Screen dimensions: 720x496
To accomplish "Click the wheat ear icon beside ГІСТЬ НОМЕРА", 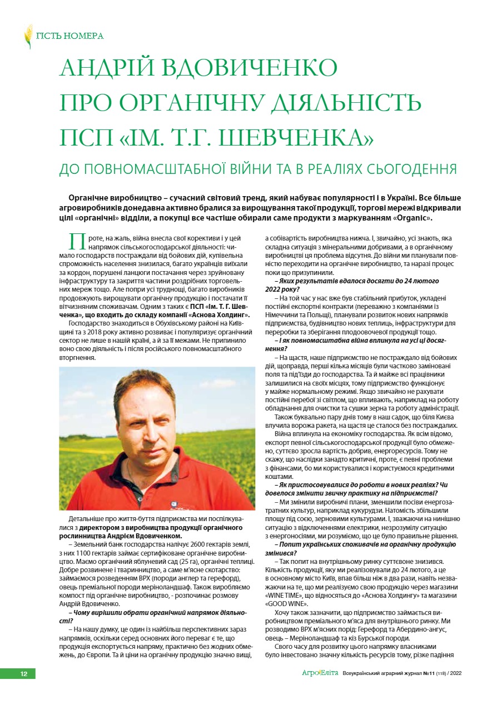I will [28, 36].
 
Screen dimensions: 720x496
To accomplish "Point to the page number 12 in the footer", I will [24, 673].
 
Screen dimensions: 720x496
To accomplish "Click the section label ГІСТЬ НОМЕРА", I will [70, 36].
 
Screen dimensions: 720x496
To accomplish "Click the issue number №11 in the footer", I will [428, 673].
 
